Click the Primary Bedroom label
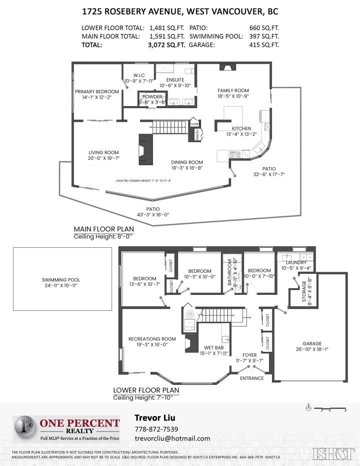point(97,92)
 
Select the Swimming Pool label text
point(60,280)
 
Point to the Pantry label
point(198,134)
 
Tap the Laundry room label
point(295,262)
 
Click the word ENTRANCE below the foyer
point(251,378)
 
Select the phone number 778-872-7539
point(156,429)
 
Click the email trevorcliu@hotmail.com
point(172,438)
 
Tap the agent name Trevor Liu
point(154,417)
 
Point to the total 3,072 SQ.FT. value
point(166,45)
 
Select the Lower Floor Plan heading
point(145,390)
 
